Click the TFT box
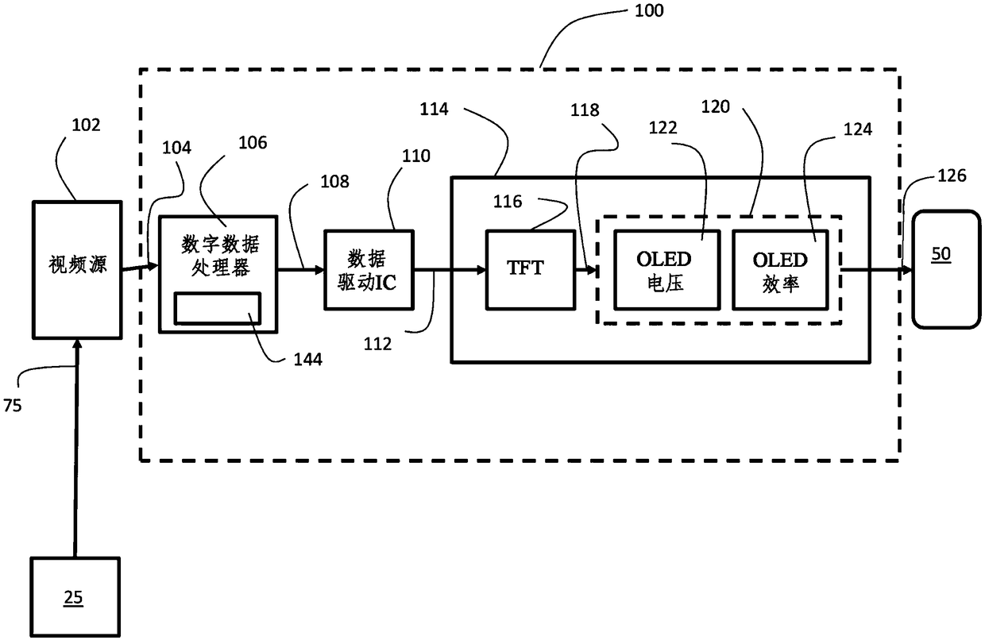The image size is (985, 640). coord(531,270)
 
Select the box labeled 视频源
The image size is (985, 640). coord(77,270)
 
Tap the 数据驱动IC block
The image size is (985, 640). coord(369,270)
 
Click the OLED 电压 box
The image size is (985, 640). coord(666,270)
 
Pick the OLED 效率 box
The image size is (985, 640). coord(780,270)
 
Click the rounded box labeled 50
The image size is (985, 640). coord(946,269)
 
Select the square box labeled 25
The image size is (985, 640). coord(75,597)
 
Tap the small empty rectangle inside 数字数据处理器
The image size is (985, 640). coord(218,308)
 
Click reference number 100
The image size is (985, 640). coord(649,10)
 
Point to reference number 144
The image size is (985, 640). coord(308,360)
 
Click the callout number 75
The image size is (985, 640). coord(13,405)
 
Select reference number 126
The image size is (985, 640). coord(952,175)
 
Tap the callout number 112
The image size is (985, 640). coord(377,344)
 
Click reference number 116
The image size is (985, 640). coord(508,202)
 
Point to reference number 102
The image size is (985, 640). coord(86,125)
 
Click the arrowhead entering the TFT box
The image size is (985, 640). coord(481,270)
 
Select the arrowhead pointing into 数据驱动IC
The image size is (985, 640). coord(319,270)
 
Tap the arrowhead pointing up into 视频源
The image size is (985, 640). coord(77,344)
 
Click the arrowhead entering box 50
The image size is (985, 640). coord(907,270)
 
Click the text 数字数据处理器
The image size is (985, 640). coord(220,256)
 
